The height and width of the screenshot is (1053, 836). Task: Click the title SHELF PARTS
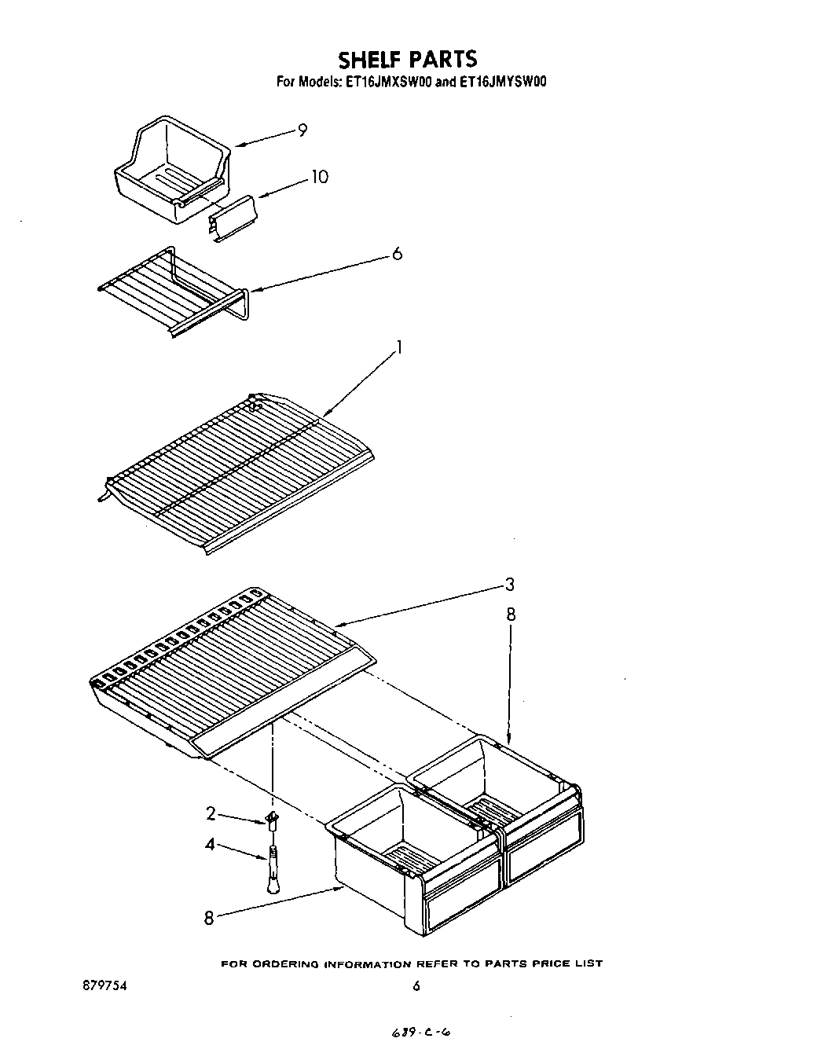407,60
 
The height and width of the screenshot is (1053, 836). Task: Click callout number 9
302,130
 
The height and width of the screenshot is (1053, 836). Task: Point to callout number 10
319,177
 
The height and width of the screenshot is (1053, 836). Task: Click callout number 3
510,584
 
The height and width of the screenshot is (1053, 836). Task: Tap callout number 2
211,813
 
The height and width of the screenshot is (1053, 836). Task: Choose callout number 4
210,846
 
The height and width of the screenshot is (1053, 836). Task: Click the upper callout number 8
511,615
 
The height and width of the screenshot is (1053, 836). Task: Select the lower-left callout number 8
209,917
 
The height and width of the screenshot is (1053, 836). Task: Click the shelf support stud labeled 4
272,871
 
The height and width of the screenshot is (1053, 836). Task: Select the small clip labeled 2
273,821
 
